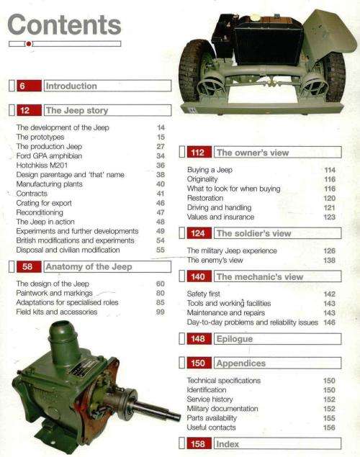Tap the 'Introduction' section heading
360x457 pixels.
pos(71,86)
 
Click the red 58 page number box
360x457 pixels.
pos(27,268)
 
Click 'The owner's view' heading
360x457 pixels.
pos(253,153)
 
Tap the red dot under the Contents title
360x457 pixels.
pos(27,45)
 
